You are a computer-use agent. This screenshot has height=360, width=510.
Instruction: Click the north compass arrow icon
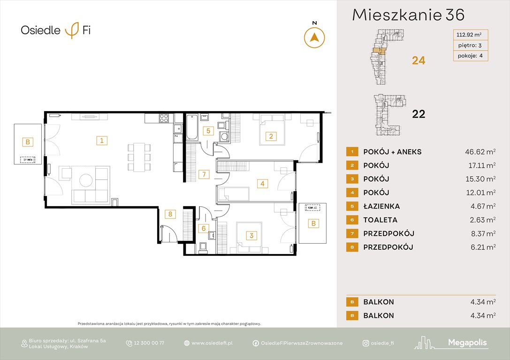tap(314, 37)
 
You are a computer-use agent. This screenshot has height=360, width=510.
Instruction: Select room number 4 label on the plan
tap(263, 184)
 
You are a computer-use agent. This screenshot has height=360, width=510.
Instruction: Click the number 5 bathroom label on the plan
tap(206, 131)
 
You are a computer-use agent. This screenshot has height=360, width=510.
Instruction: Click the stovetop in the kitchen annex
tap(164, 118)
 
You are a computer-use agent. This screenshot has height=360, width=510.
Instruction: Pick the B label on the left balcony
tap(28, 142)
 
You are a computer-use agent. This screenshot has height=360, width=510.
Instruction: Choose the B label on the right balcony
tap(313, 224)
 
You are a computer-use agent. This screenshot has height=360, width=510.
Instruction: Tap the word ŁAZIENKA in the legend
tap(381, 206)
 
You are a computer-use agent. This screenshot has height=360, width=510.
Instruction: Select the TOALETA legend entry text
tap(380, 220)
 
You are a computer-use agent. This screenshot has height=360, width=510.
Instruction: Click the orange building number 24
tap(419, 60)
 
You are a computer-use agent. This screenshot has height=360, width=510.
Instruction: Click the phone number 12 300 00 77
tap(149, 343)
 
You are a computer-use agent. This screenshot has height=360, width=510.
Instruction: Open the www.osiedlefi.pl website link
tap(212, 343)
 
